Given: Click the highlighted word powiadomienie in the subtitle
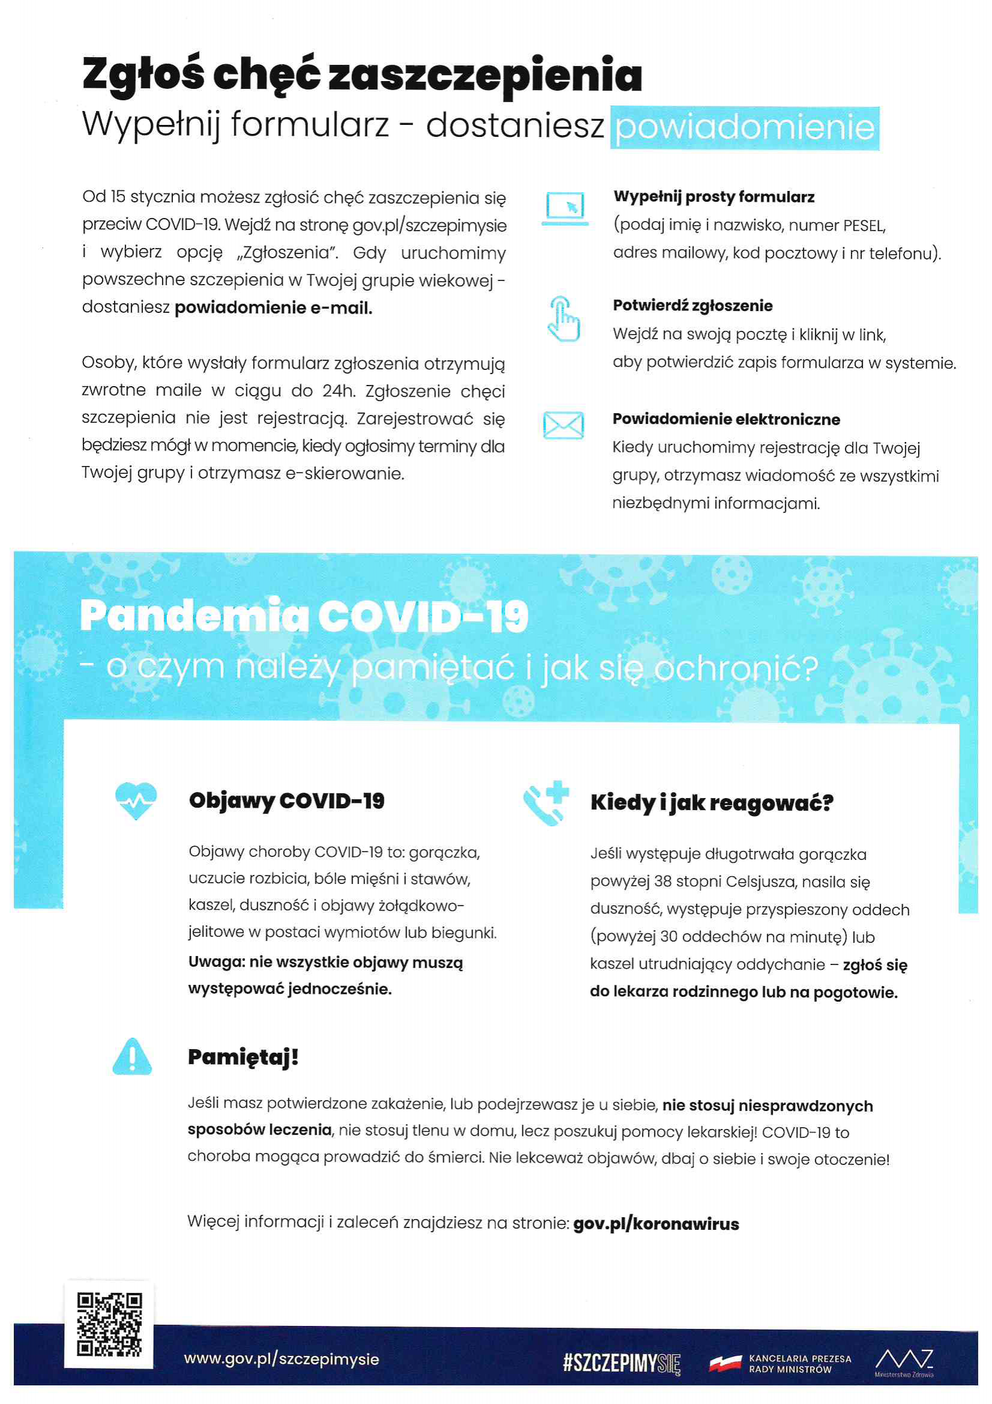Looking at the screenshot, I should (x=745, y=128).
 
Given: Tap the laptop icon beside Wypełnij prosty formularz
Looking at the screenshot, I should (x=564, y=208).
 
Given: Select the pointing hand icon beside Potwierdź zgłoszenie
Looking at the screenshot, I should (x=563, y=319).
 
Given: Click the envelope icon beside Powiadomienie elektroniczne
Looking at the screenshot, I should (x=563, y=425).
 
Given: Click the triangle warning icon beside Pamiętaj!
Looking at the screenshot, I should (x=132, y=1056).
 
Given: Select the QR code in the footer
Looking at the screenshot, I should (x=109, y=1324).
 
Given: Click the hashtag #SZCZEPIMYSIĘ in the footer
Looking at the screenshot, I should (x=621, y=1363).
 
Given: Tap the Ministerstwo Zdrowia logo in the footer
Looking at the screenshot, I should (x=904, y=1362).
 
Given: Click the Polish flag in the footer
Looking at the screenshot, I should (x=725, y=1363).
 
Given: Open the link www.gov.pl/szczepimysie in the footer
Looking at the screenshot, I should (x=282, y=1359).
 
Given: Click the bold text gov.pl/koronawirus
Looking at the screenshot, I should (x=656, y=1224).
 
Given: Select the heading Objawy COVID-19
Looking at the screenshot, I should (x=286, y=800).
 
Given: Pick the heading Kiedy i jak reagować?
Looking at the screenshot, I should (x=712, y=802).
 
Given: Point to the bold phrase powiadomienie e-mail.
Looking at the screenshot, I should (x=273, y=307).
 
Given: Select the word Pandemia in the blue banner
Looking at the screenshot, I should (x=194, y=615).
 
